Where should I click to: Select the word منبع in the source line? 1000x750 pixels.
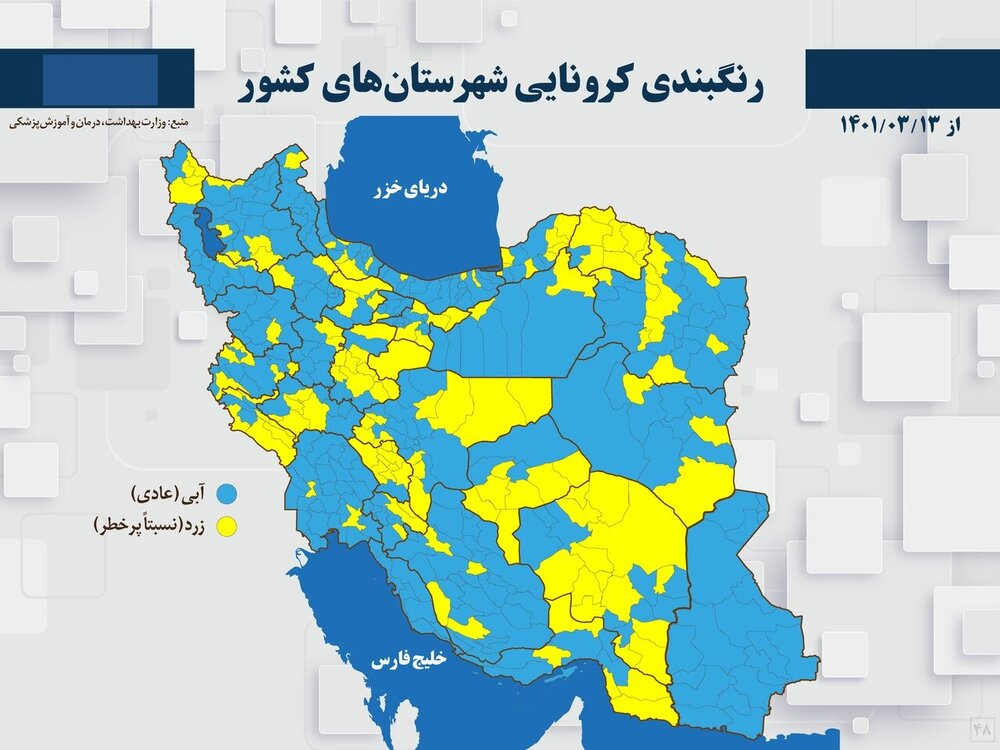coord(181,121)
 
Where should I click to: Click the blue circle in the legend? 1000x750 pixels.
coord(228,495)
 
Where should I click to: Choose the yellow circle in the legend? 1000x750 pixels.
coord(228,524)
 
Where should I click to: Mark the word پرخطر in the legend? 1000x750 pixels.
coord(115,524)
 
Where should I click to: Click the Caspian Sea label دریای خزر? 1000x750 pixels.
coord(412,188)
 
